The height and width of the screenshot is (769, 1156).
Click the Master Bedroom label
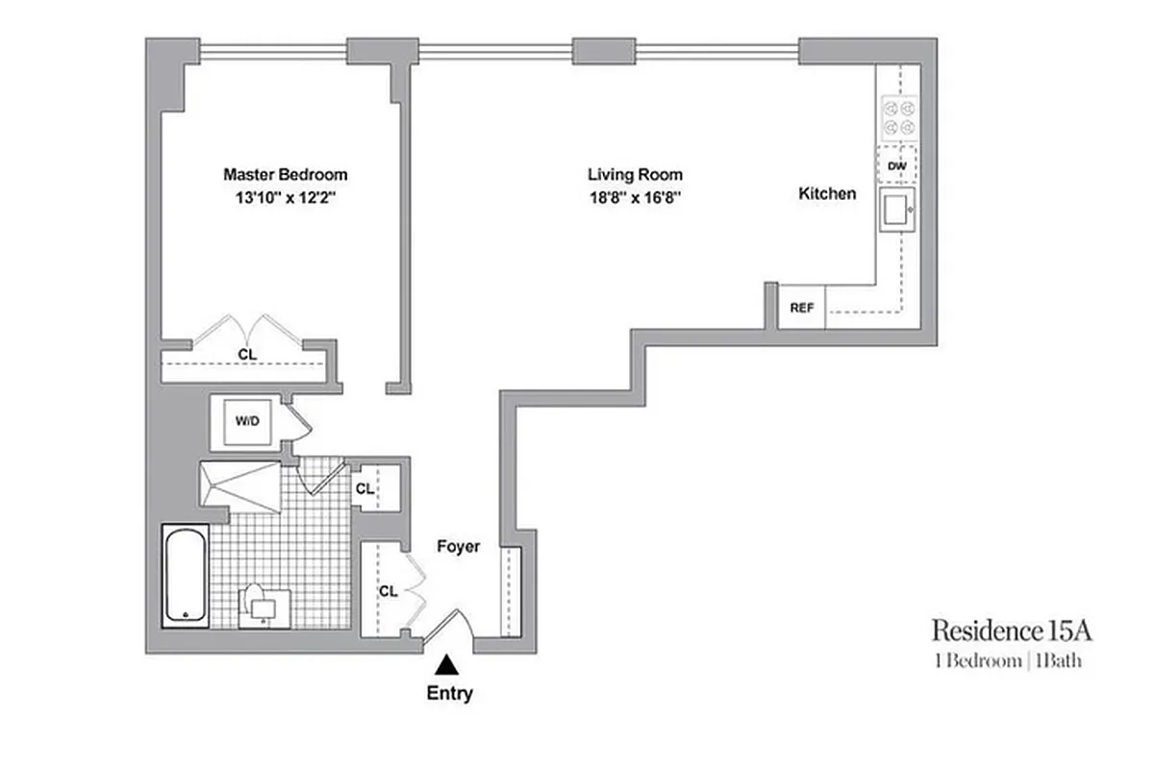(x=285, y=175)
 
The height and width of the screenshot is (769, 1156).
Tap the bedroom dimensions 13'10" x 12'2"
(x=285, y=200)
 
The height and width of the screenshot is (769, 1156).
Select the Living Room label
(x=635, y=175)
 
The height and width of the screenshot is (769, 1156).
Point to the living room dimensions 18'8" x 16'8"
(x=635, y=200)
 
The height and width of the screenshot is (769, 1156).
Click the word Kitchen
(x=827, y=194)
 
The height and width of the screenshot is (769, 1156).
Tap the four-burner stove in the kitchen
(x=897, y=118)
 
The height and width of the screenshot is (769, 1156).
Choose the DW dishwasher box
(x=897, y=166)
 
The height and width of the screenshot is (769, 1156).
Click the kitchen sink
(x=896, y=210)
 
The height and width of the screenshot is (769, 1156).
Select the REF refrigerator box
(x=801, y=309)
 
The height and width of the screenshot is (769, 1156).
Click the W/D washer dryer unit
(x=246, y=421)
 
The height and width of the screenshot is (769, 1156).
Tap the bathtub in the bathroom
(x=185, y=575)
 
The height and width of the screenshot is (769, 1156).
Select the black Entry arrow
(x=447, y=664)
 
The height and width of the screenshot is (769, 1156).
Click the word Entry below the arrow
(x=449, y=693)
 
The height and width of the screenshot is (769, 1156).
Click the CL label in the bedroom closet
(x=247, y=355)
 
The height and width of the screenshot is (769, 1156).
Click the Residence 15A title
(x=1012, y=632)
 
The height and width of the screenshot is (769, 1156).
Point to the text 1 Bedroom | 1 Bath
(x=1012, y=660)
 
